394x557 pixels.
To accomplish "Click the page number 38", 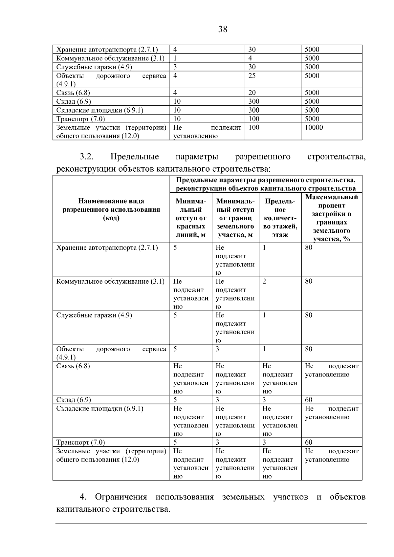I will point(223,30).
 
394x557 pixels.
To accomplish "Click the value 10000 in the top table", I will point(314,128).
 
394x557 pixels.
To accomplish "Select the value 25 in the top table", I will point(252,76).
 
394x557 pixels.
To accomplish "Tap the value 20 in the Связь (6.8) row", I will point(252,93).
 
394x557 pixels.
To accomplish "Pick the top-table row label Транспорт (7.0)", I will point(81,119).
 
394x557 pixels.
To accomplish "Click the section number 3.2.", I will point(87,157).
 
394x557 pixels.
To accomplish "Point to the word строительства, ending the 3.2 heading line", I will point(336,157).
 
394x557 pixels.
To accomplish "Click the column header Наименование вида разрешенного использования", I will point(111,210).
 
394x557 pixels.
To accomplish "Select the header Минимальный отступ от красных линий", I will point(191,218).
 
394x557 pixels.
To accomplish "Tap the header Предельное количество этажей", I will point(280,218).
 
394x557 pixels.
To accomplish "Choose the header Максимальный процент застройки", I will point(332,218).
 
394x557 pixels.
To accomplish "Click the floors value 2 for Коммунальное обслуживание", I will point(264,282).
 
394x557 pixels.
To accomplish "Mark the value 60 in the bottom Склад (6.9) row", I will point(309,400).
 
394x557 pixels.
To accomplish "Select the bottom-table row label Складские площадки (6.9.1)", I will point(100,409).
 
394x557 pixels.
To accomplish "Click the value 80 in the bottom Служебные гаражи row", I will point(309,315).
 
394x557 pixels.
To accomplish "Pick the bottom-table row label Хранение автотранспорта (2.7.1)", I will point(107,248).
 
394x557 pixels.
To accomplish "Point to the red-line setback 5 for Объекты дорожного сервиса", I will point(175,349).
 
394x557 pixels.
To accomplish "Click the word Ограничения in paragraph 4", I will point(121,497).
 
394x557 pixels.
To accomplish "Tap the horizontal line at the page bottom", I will point(211,524).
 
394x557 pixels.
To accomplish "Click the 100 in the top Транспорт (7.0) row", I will point(254,119).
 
